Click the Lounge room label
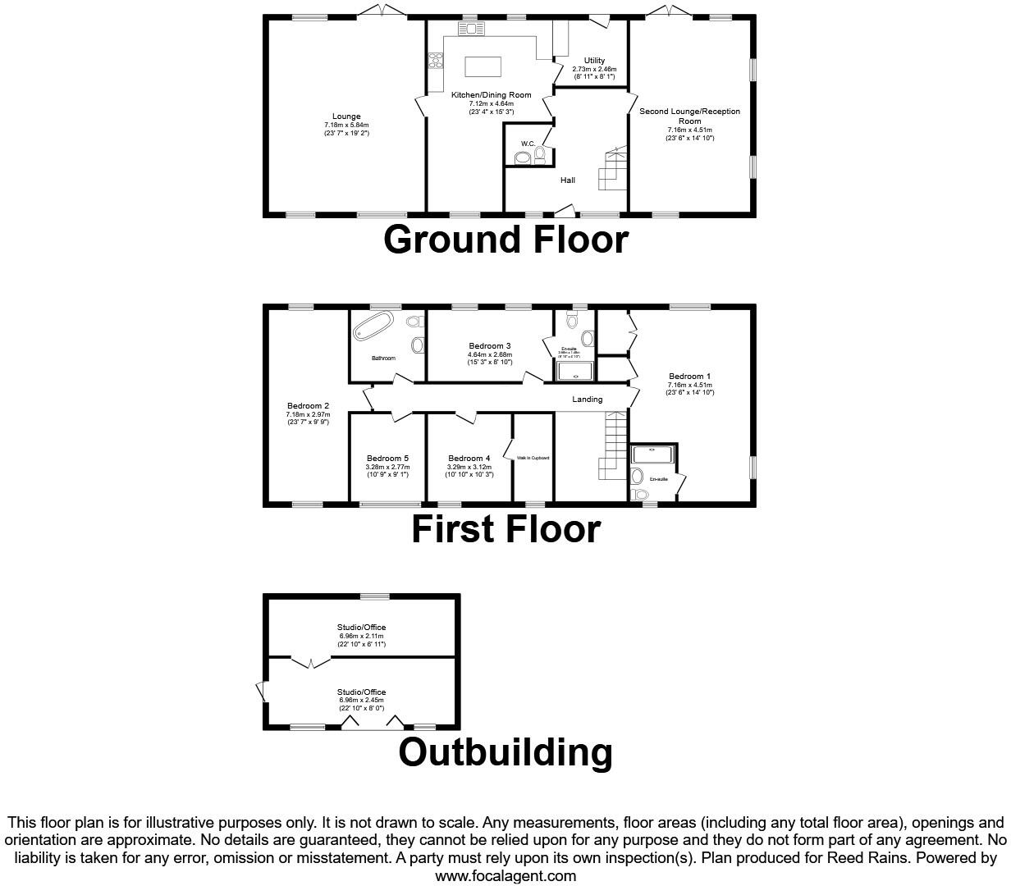pos(346,116)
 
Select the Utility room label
pos(594,61)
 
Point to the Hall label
pos(567,180)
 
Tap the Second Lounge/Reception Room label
pos(689,112)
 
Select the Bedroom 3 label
pos(490,346)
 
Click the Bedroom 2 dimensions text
pos(308,418)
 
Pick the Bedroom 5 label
pos(387,459)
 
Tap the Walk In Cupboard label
pos(533,458)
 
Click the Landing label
pos(587,400)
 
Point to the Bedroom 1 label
pos(689,377)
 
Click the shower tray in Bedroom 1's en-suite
pos(652,454)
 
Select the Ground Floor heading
pos(505,240)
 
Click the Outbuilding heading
pos(505,752)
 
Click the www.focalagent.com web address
pos(505,875)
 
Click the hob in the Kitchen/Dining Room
pos(435,63)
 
